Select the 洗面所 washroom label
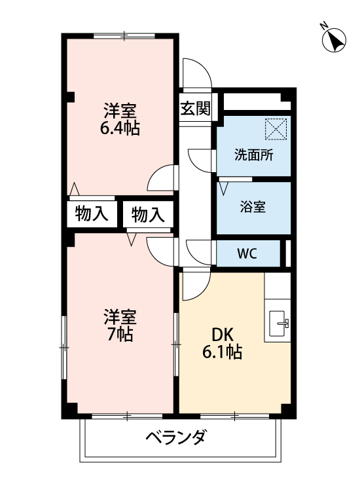point(254,156)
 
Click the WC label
point(247,253)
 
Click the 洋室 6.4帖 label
point(119,118)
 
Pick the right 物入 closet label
point(148,213)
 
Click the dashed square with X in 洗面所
point(276,129)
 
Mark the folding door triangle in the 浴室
point(225,189)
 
